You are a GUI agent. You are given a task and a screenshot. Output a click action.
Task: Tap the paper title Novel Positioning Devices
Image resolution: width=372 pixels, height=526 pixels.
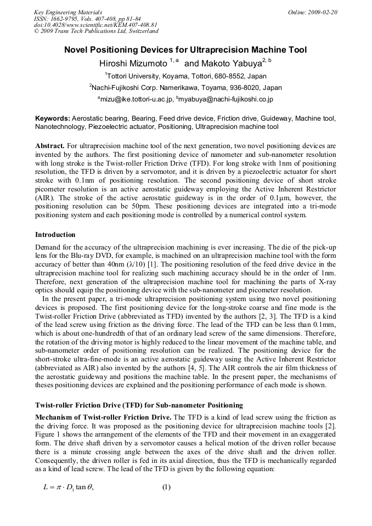[185, 50]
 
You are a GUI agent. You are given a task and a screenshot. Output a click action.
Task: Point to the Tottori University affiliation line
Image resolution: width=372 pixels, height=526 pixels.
[185, 76]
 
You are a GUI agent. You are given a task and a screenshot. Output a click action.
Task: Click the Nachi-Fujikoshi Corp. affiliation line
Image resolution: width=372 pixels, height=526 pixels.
[185, 87]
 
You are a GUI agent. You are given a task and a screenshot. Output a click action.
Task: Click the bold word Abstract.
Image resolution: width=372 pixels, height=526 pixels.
[49, 146]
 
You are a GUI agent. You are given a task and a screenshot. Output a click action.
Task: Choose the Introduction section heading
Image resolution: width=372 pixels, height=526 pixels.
[55, 235]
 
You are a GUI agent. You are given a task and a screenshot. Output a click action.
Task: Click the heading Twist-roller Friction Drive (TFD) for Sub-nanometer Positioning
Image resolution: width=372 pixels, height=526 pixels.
[139, 405]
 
